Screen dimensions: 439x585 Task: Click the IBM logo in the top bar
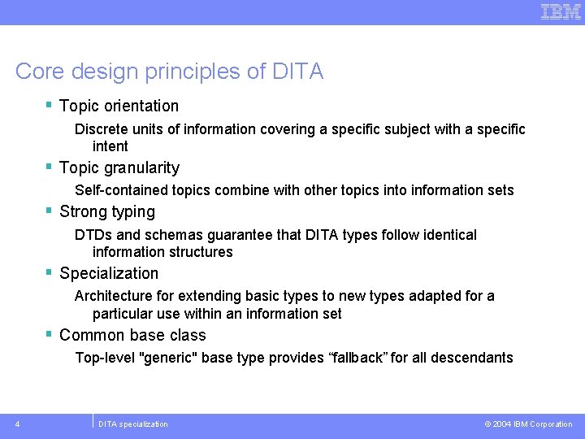tap(561, 11)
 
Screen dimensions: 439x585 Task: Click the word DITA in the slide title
tap(298, 72)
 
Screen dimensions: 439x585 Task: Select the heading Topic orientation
tap(119, 106)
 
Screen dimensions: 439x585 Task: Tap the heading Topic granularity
tap(119, 167)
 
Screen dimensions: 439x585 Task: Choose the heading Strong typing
tap(106, 211)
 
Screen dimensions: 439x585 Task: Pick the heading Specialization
tap(109, 273)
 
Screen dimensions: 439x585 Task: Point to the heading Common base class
tap(132, 335)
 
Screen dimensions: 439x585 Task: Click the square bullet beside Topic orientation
tap(50, 105)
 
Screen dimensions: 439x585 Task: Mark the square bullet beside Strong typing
tap(50, 211)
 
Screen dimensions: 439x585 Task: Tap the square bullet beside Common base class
tap(50, 334)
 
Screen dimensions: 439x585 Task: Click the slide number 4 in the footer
tap(18, 424)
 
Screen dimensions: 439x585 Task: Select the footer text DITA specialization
tap(133, 424)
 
